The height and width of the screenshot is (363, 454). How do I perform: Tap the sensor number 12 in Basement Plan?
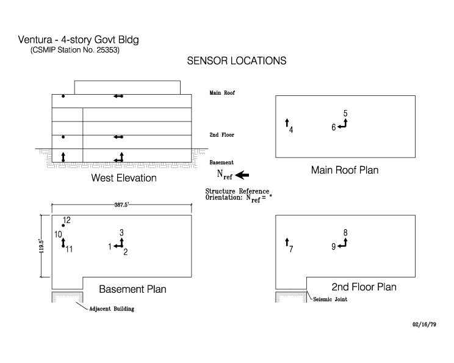click(x=67, y=220)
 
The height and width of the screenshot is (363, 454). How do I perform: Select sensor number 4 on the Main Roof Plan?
click(x=291, y=130)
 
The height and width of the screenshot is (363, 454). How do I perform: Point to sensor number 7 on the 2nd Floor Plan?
click(x=291, y=249)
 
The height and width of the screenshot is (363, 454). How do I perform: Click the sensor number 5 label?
click(x=345, y=114)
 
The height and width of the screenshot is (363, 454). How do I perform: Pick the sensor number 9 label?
click(x=334, y=247)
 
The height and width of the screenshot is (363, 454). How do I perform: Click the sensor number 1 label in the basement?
click(x=110, y=246)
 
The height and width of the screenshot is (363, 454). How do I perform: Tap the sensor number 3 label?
click(x=121, y=233)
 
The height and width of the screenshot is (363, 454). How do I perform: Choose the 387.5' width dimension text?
click(x=122, y=206)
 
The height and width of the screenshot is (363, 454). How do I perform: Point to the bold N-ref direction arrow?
click(x=242, y=175)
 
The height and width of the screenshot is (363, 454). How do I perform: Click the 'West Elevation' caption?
click(x=124, y=178)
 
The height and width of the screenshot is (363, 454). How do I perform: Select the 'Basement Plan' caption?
click(x=132, y=288)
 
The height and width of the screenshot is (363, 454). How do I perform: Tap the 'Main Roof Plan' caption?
click(x=345, y=170)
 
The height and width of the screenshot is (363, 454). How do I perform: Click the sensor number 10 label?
click(x=58, y=234)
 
